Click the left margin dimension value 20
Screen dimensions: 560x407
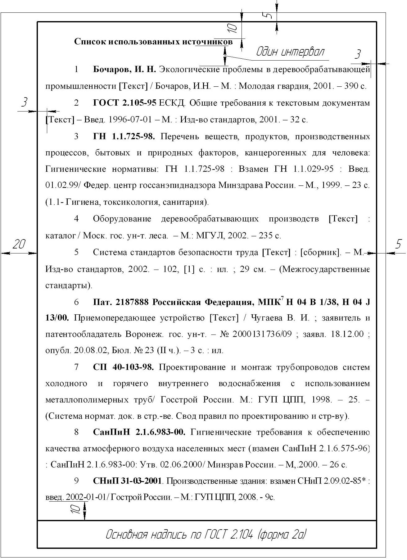[18, 245]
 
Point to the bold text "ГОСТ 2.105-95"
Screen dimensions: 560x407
[124, 103]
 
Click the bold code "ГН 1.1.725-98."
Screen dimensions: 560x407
[124, 136]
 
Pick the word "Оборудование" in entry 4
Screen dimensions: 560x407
[122, 219]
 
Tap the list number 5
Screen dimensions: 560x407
[76, 252]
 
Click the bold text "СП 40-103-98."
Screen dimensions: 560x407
[123, 367]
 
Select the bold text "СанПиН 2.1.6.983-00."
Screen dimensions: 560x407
[139, 432]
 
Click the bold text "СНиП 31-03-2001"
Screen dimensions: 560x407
[127, 481]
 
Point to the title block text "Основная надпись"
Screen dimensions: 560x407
[146, 535]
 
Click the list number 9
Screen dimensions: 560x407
[76, 481]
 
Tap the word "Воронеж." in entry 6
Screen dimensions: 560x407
[144, 335]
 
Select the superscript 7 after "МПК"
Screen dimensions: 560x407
[282, 299]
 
